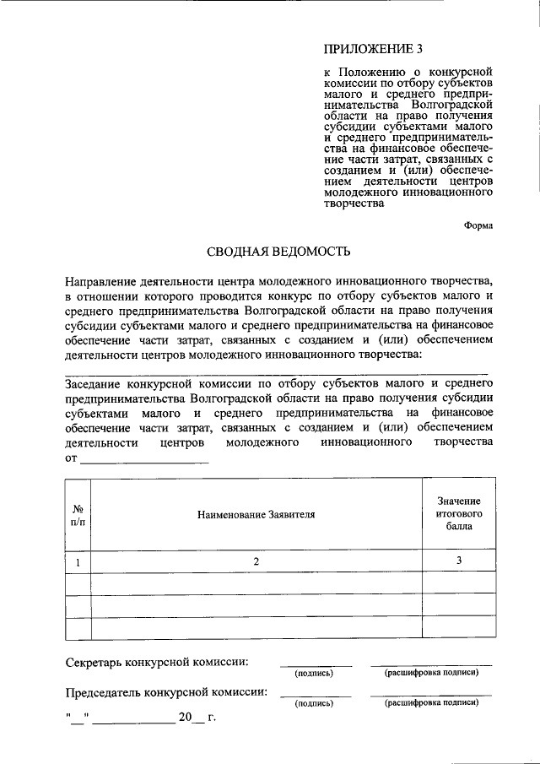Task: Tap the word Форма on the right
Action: (x=478, y=225)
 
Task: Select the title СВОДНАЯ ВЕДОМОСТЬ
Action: (x=278, y=252)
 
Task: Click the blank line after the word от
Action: (x=143, y=459)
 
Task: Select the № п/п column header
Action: (x=78, y=514)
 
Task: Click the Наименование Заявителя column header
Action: (x=256, y=514)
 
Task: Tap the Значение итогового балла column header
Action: (x=459, y=513)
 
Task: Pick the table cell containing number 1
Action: (x=78, y=561)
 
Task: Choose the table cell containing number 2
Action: (x=256, y=561)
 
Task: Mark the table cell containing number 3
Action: (x=459, y=561)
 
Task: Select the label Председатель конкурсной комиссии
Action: (x=166, y=693)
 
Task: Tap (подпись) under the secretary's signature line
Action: (x=314, y=674)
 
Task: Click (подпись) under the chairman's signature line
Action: (x=314, y=703)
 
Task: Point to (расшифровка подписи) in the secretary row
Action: (x=431, y=673)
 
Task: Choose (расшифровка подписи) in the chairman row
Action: (x=431, y=702)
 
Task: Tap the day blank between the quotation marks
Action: (x=78, y=719)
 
